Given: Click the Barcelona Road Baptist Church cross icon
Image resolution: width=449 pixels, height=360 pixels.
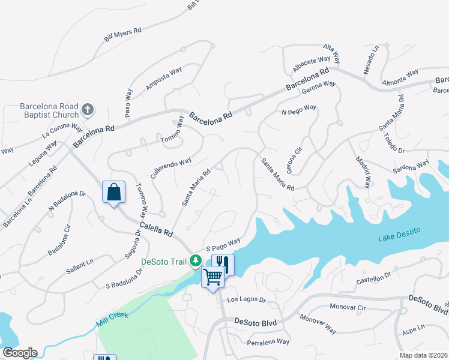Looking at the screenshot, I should tap(88, 110).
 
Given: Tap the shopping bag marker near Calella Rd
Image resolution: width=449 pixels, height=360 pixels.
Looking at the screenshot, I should tap(113, 192).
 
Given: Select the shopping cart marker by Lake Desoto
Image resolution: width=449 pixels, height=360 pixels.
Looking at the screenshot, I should tap(213, 277).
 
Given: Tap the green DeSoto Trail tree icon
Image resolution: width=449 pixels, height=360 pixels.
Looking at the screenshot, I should tap(195, 261).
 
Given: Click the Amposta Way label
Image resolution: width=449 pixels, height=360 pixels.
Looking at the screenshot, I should tap(163, 80).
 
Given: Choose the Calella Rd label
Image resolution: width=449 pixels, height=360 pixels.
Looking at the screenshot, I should tap(156, 229).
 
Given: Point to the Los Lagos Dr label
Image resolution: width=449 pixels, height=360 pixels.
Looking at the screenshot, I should tap(245, 299).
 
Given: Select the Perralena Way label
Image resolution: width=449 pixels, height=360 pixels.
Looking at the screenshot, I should tap(268, 342).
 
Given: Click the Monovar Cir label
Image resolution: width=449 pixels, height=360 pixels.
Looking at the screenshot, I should tap(348, 307).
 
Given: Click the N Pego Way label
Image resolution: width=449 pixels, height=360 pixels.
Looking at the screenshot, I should tap(299, 110).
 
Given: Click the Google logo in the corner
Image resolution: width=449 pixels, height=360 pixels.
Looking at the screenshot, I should tap(19, 353).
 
